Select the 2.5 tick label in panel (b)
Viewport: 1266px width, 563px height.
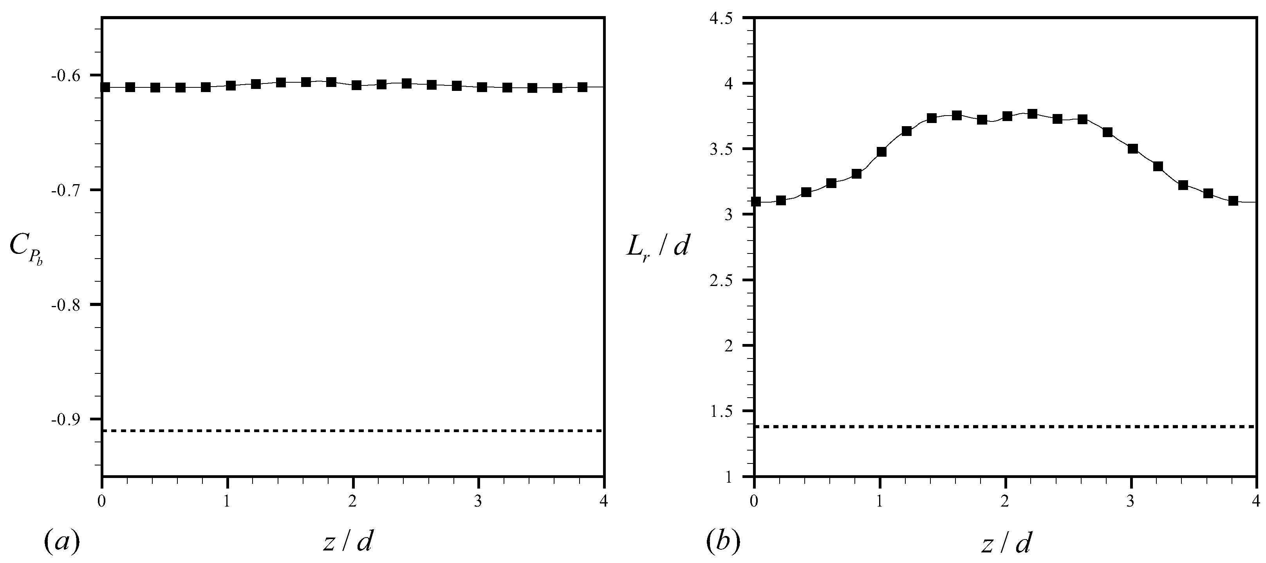click(x=721, y=280)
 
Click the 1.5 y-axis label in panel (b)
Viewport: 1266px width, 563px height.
click(x=721, y=411)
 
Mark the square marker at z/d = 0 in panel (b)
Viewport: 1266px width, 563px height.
click(x=756, y=202)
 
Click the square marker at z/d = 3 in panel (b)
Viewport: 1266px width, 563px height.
click(x=1133, y=149)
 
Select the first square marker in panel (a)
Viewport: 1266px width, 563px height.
click(x=105, y=87)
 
